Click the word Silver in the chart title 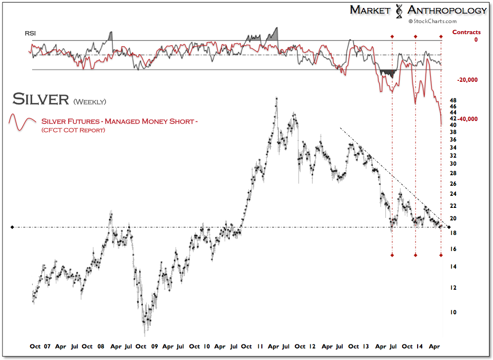pyautogui.click(x=40, y=99)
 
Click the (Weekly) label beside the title pyautogui.click(x=89, y=101)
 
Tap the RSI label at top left pyautogui.click(x=31, y=34)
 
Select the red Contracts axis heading pyautogui.click(x=466, y=32)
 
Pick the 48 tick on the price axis pyautogui.click(x=452, y=100)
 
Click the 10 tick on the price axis pyautogui.click(x=452, y=312)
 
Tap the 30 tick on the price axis pyautogui.click(x=452, y=163)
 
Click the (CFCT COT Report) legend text pyautogui.click(x=73, y=131)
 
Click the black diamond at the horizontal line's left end pyautogui.click(x=13, y=227)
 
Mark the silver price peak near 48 pyautogui.click(x=276, y=99)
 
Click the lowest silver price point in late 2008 pyautogui.click(x=145, y=334)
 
